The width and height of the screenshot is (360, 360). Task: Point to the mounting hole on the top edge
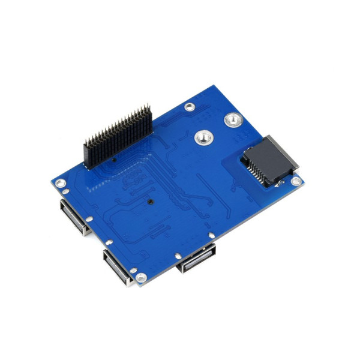[x=190, y=107]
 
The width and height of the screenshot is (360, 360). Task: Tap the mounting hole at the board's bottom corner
[x=142, y=278]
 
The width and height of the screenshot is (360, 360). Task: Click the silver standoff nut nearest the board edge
[x=232, y=121]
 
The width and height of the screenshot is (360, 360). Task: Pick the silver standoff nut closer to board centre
[x=202, y=139]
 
